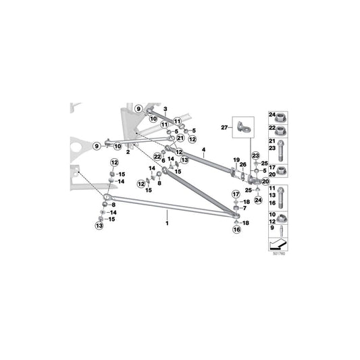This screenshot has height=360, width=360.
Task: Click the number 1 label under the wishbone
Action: pyautogui.click(x=167, y=221)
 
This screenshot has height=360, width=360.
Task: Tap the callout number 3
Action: pyautogui.click(x=165, y=109)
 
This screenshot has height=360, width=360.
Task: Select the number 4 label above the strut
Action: pyautogui.click(x=203, y=149)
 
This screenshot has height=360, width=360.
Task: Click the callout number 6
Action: pyautogui.click(x=163, y=160)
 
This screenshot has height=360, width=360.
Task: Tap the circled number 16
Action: pyautogui.click(x=236, y=230)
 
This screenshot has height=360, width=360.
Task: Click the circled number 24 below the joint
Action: pyautogui.click(x=257, y=199)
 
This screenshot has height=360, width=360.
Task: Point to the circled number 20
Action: pyautogui.click(x=265, y=182)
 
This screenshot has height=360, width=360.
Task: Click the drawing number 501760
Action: pyautogui.click(x=278, y=254)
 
